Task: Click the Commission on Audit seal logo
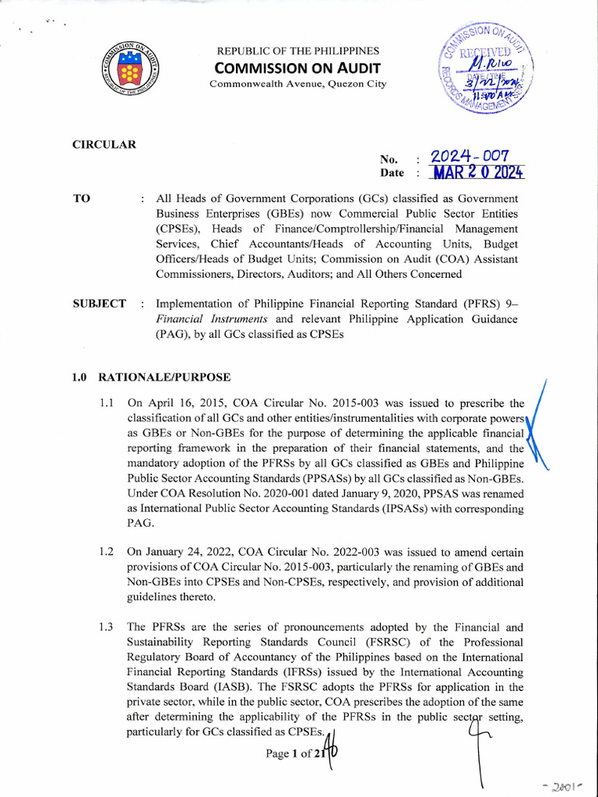[x=129, y=68]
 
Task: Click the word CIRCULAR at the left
[x=104, y=145]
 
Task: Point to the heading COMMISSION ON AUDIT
[x=298, y=67]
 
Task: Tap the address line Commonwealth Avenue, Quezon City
[x=298, y=83]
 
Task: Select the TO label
[x=81, y=199]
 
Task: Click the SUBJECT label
[x=99, y=304]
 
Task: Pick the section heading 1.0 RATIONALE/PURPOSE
[x=151, y=377]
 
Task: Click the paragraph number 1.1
[x=107, y=403]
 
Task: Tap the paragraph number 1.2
[x=107, y=552]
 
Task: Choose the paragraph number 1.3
[x=107, y=627]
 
